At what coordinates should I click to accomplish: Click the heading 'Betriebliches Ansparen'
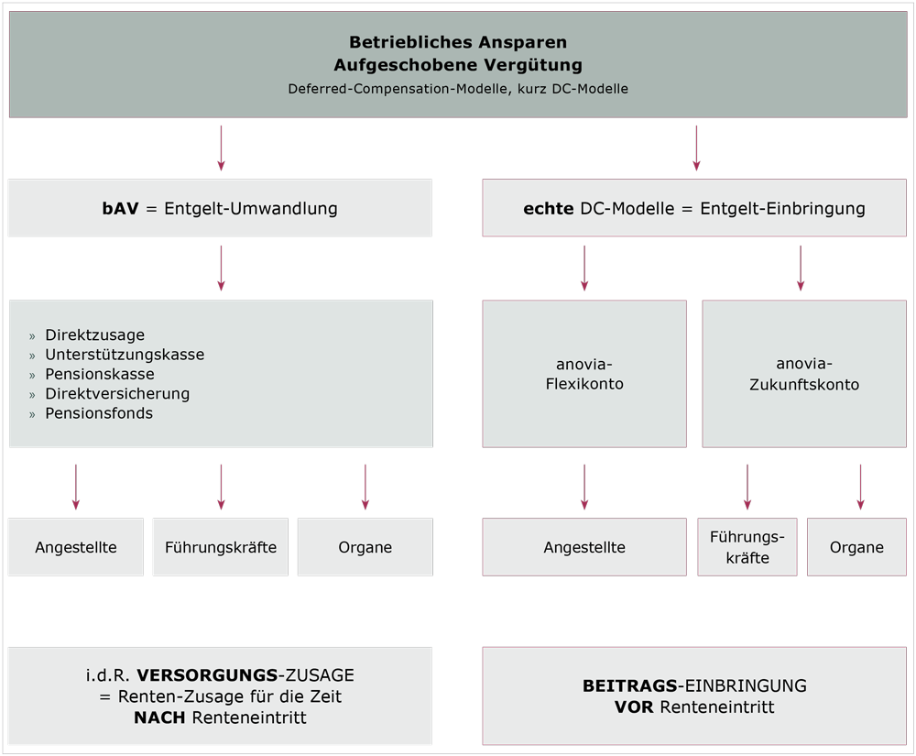458,42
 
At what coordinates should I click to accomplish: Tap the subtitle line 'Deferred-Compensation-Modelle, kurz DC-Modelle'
458,89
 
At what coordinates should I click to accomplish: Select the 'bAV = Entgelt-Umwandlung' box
220,208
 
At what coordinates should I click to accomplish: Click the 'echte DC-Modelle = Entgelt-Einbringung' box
693,208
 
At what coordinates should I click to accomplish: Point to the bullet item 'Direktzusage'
94,335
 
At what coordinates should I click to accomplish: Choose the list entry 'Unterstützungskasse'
125,355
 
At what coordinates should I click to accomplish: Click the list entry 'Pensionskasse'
99,374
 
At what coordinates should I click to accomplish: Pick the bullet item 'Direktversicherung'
117,394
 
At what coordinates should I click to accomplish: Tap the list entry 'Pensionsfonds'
99,413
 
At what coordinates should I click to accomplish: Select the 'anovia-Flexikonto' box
584,374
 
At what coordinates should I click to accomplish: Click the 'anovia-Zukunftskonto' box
804,374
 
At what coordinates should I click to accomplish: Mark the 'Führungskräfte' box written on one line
221,547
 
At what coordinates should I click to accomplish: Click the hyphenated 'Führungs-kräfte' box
747,547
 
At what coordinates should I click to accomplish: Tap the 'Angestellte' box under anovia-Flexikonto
584,547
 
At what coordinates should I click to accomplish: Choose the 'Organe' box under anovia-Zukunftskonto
857,547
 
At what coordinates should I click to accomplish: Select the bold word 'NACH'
160,718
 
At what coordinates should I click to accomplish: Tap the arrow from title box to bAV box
221,148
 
